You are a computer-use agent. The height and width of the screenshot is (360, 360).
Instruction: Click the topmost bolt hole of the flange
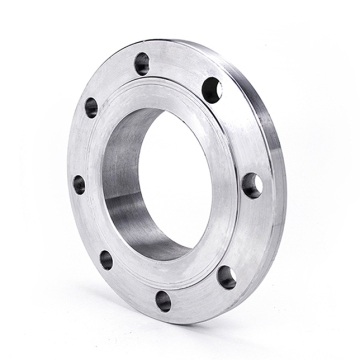click(142, 63)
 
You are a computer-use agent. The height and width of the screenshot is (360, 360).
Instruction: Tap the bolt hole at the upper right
click(212, 90)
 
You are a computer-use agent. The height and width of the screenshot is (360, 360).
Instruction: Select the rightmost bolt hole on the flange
click(252, 185)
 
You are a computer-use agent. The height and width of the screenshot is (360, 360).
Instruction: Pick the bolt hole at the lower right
click(226, 276)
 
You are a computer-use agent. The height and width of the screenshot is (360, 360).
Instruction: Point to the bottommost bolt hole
click(163, 300)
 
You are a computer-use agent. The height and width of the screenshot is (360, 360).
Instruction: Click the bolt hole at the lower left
click(106, 259)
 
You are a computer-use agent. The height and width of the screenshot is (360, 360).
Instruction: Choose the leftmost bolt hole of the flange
click(79, 184)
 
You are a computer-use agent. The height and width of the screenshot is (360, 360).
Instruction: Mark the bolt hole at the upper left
click(91, 107)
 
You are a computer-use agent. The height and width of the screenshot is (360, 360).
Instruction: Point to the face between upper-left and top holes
click(113, 80)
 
